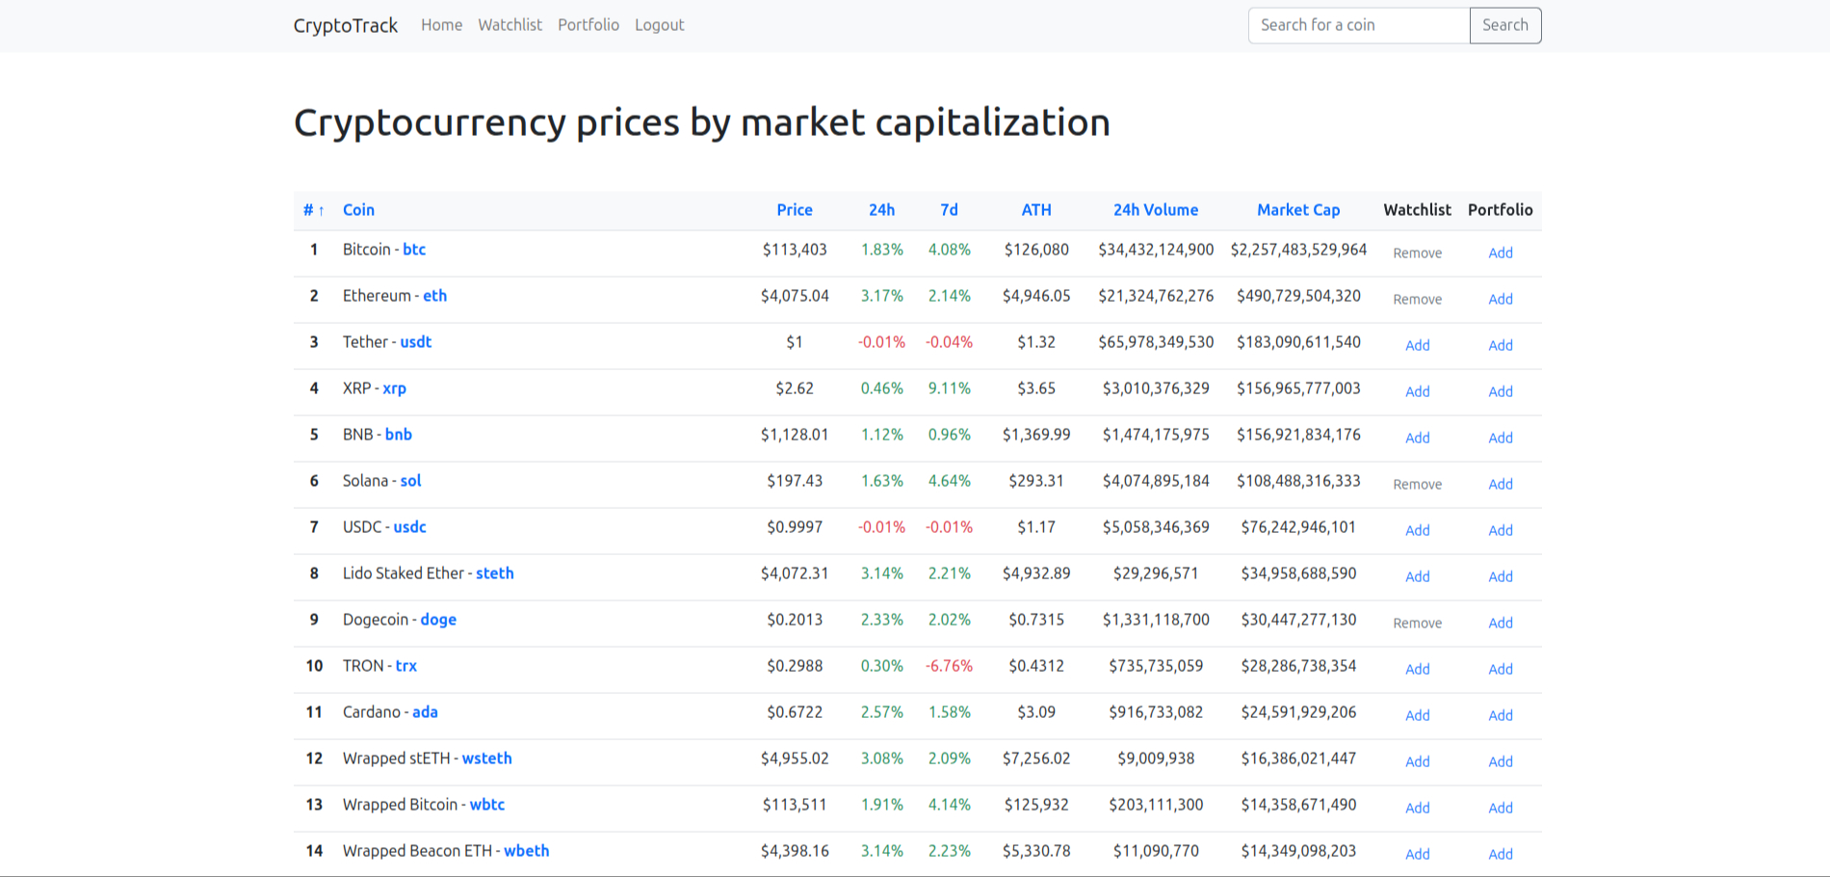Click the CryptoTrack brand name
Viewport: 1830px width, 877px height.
[345, 26]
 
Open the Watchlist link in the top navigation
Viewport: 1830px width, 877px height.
[510, 25]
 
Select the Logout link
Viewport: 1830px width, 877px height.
[659, 25]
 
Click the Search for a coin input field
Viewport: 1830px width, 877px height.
[1358, 25]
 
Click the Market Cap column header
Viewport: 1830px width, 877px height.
[1297, 210]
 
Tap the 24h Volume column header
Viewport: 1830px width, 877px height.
[1155, 210]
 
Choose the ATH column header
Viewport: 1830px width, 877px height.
[1035, 210]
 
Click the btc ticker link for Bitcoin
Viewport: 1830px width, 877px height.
[414, 250]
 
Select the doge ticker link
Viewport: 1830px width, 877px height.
[438, 620]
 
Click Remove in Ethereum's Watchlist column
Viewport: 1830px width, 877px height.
[1417, 300]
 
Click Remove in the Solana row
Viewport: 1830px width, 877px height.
[1417, 485]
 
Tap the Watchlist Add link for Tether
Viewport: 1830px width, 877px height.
[1417, 346]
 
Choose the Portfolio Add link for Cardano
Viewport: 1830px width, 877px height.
[1500, 716]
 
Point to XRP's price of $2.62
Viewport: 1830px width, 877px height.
[795, 388]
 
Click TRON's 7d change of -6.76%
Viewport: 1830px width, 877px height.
[949, 666]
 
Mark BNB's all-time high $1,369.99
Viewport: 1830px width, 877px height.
[1035, 435]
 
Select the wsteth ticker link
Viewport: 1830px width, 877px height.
[486, 758]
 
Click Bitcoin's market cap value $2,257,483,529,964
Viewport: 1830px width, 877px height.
[1297, 250]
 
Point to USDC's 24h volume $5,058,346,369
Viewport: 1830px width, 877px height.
[1155, 527]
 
